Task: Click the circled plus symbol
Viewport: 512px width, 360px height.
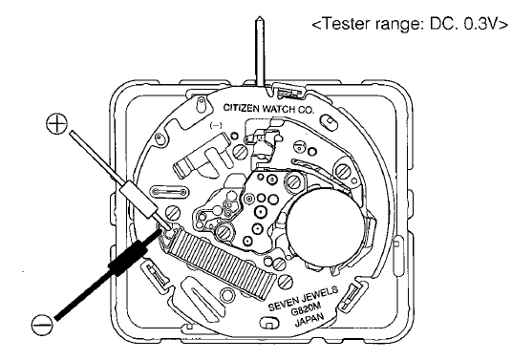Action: pos(56,123)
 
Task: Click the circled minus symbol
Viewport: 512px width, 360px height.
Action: pos(42,325)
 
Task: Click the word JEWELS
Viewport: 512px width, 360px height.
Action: pos(321,292)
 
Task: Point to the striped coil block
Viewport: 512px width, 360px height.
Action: pos(223,262)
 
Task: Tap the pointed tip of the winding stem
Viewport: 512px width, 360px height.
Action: pos(260,17)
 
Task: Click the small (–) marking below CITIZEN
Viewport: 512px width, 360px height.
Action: pos(217,125)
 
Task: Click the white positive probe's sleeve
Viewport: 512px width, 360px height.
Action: pos(138,201)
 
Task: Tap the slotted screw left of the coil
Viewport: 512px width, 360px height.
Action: pos(173,213)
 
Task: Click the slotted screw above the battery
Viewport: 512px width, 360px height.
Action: pos(295,180)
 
